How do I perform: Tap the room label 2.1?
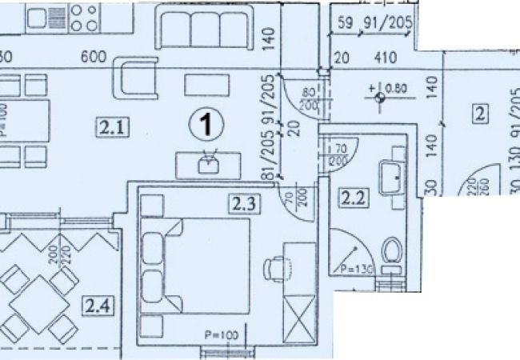click(x=110, y=125)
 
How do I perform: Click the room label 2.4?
click(x=95, y=304)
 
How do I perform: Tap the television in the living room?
click(x=209, y=165)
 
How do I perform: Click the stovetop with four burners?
click(x=84, y=17)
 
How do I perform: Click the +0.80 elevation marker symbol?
click(x=379, y=98)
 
